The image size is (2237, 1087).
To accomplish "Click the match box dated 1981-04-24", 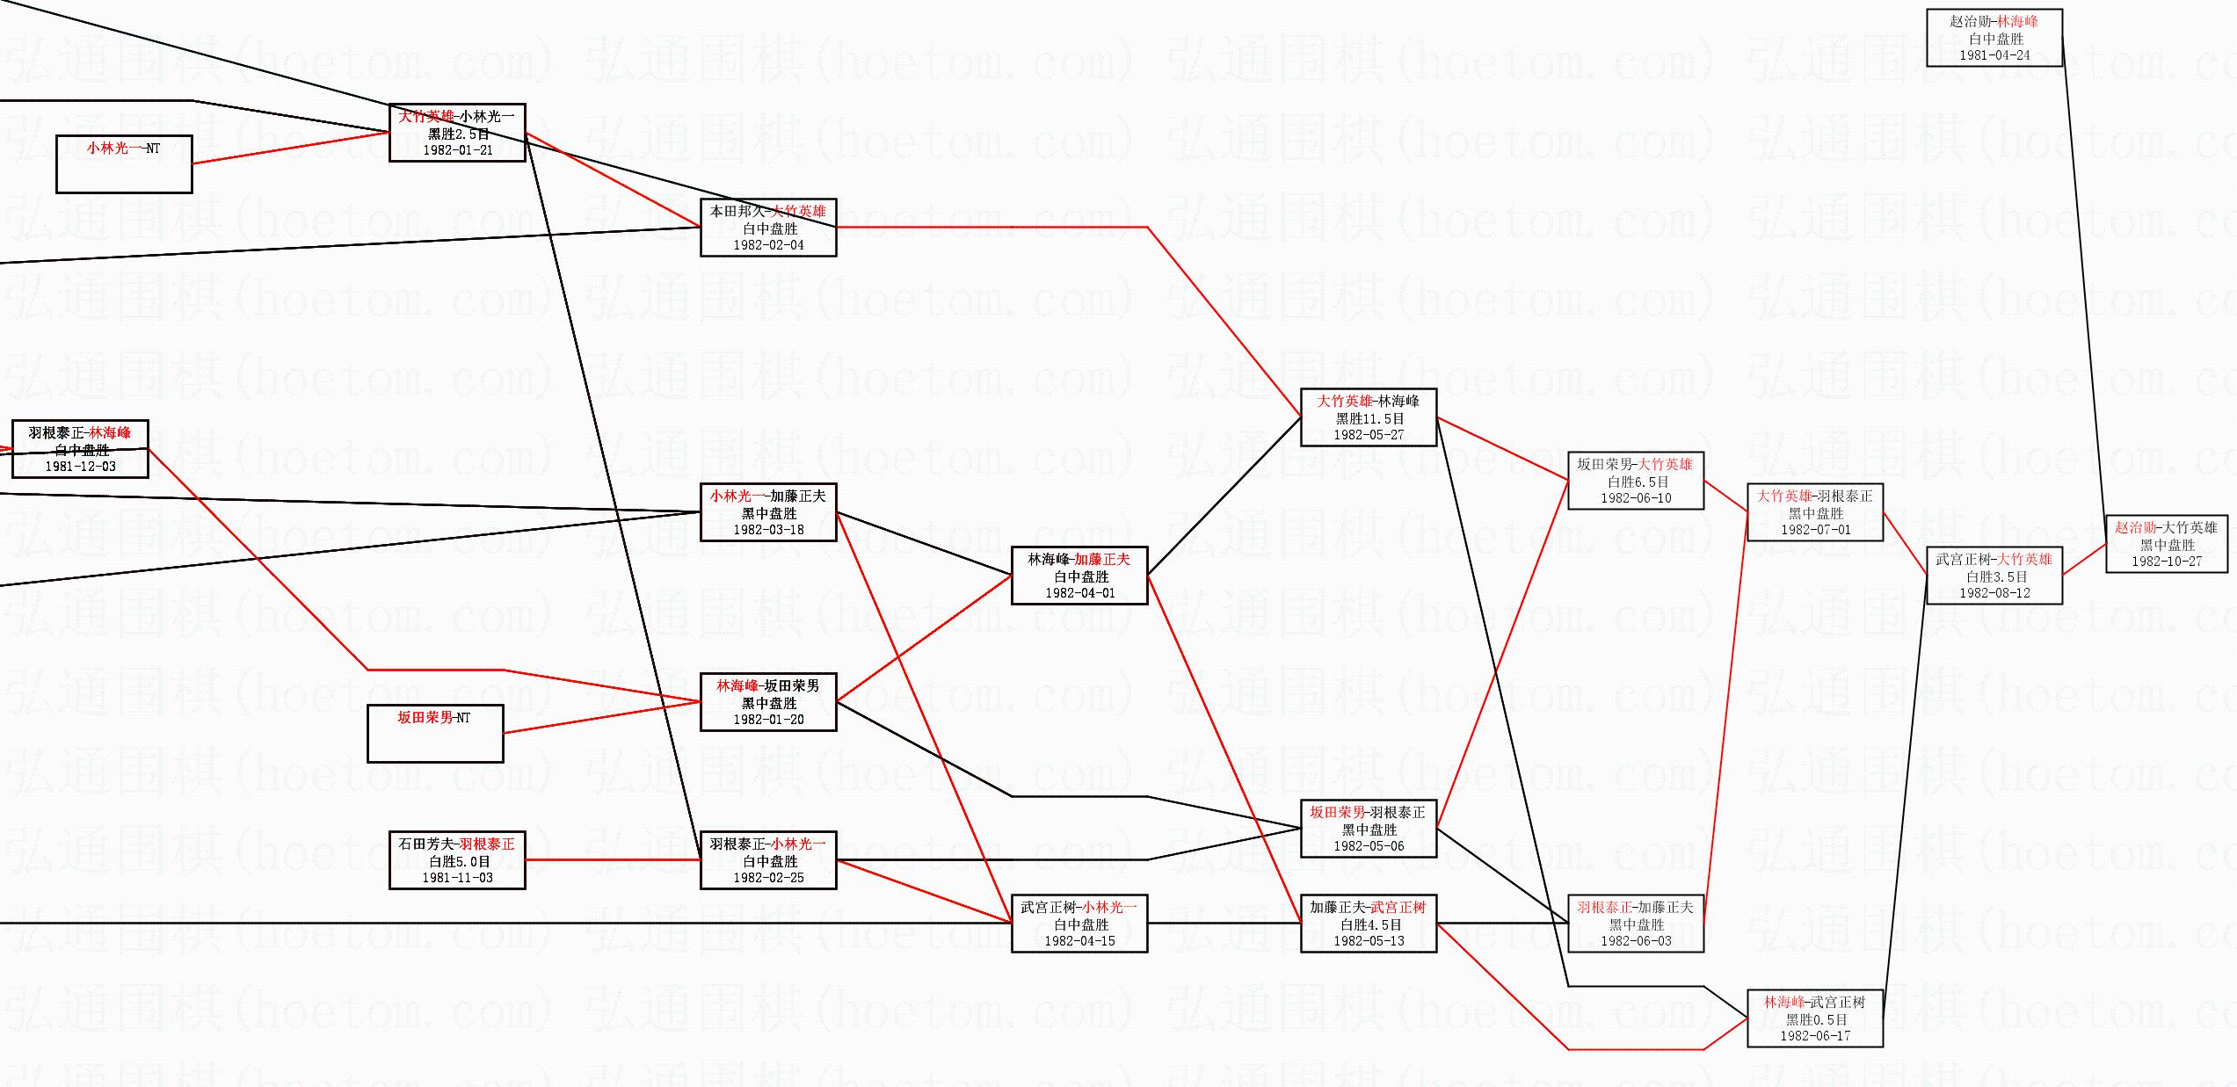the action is pyautogui.click(x=1994, y=38).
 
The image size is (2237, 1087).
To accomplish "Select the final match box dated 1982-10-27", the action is pyautogui.click(x=2167, y=544).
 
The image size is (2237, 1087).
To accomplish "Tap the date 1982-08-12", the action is pyautogui.click(x=1994, y=593).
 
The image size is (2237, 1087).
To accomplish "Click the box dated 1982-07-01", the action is pyautogui.click(x=1815, y=512).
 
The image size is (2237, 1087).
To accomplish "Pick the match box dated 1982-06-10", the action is pyautogui.click(x=1636, y=481).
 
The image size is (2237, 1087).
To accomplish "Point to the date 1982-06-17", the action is pyautogui.click(x=1815, y=1036).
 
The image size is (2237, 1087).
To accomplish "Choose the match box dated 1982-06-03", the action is pyautogui.click(x=1636, y=924).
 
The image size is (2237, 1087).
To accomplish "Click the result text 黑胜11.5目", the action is pyautogui.click(x=1369, y=418).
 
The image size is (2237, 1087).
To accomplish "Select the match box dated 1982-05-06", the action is pyautogui.click(x=1369, y=829).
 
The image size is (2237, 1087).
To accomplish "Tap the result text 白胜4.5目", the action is pyautogui.click(x=1369, y=924).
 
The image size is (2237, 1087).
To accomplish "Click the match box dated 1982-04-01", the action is pyautogui.click(x=1079, y=576).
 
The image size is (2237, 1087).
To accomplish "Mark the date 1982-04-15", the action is pyautogui.click(x=1079, y=941).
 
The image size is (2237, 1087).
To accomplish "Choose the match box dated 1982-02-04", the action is pyautogui.click(x=768, y=228).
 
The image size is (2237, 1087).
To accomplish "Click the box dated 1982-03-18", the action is pyautogui.click(x=768, y=512).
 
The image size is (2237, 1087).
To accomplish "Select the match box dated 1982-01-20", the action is pyautogui.click(x=768, y=702).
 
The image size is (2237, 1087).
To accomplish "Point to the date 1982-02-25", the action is pyautogui.click(x=768, y=878).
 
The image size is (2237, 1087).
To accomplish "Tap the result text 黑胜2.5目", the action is pyautogui.click(x=458, y=134).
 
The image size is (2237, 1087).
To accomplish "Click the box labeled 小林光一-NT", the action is pyautogui.click(x=124, y=163).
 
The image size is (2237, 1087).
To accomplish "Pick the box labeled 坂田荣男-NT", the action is pyautogui.click(x=435, y=733).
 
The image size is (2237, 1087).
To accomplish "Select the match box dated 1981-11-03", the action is pyautogui.click(x=457, y=860).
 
